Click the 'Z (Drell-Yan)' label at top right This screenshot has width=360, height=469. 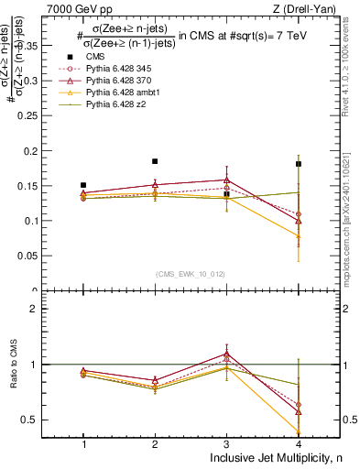tap(303, 9)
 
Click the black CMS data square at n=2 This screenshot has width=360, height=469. tap(155, 161)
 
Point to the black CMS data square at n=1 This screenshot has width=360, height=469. tap(83, 185)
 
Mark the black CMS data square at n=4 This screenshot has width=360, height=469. tap(299, 164)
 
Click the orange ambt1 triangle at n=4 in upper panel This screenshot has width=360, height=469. tap(299, 235)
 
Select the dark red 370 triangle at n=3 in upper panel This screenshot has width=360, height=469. tap(227, 180)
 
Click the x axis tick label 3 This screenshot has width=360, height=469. tap(227, 443)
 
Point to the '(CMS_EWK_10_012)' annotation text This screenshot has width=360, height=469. tap(191, 273)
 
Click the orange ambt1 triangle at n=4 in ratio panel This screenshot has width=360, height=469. tap(299, 431)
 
